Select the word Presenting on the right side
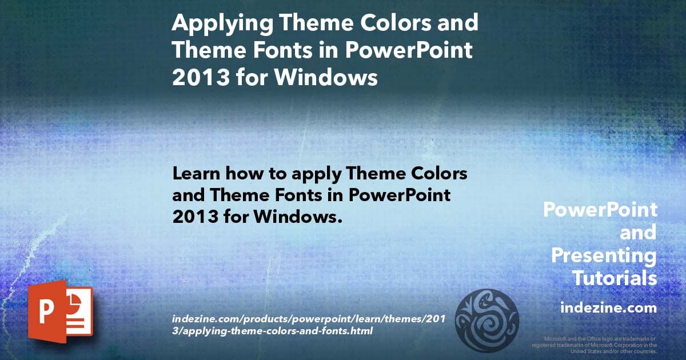(604, 255)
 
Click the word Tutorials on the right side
(615, 278)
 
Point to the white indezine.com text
(608, 308)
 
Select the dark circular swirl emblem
(486, 319)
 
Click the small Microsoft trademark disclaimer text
(595, 345)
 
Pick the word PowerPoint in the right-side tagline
(600, 210)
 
